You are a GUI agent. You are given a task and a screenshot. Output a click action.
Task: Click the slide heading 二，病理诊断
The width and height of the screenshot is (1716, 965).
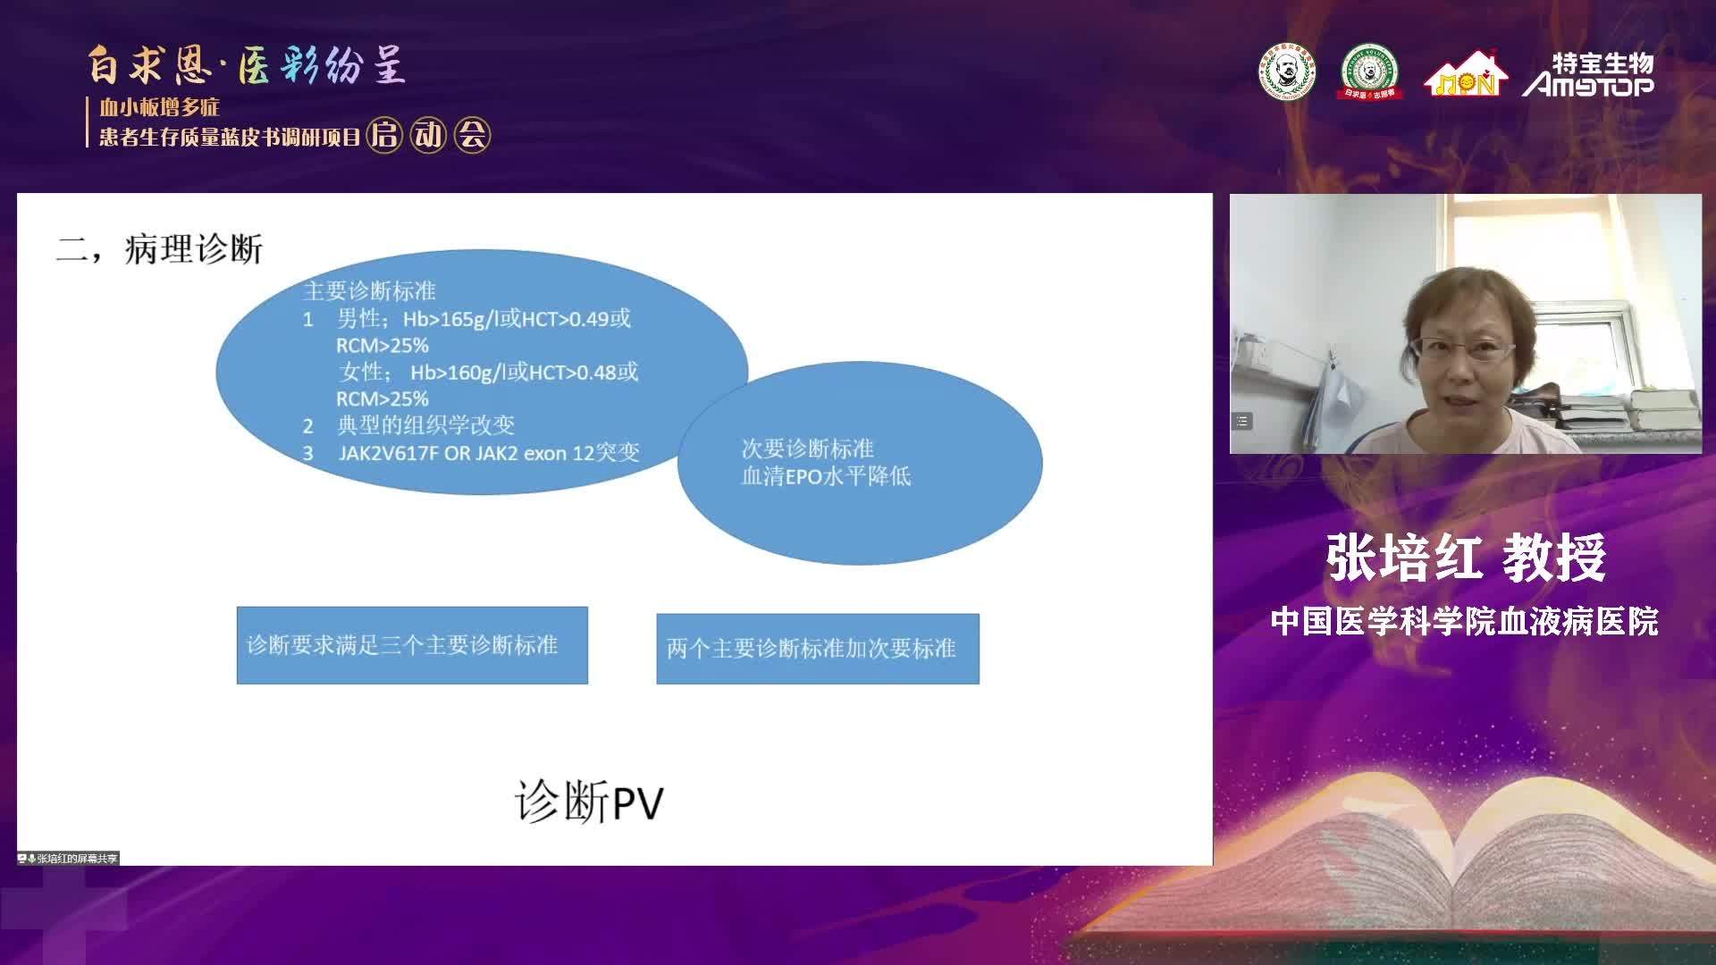(x=159, y=249)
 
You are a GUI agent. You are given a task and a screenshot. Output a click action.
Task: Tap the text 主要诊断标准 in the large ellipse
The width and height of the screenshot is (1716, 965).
(x=369, y=291)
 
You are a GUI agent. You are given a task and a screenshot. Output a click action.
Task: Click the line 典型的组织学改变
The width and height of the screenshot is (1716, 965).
(x=425, y=425)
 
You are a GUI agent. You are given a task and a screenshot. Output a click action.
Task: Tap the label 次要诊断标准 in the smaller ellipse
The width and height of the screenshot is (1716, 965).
(x=807, y=449)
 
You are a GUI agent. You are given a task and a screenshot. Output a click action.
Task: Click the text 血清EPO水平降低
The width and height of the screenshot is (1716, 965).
(x=826, y=475)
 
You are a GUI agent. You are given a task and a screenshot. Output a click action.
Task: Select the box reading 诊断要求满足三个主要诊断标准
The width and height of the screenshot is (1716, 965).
(x=412, y=645)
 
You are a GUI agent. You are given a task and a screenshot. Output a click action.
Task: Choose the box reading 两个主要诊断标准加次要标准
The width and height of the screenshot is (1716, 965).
(x=818, y=649)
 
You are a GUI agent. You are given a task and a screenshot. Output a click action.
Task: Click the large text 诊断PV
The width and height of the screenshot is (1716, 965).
(x=589, y=801)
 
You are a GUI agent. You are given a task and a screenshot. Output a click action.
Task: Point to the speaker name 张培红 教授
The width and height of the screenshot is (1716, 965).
(x=1466, y=558)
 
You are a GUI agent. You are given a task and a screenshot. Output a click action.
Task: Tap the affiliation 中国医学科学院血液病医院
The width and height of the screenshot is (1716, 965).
(x=1465, y=621)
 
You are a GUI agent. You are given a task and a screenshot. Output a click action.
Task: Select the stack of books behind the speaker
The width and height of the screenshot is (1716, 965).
(x=1661, y=409)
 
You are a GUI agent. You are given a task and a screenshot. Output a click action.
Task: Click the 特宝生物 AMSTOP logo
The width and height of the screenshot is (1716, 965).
(x=1588, y=74)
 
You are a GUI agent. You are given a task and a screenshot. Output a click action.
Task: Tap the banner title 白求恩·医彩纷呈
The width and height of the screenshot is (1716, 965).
(x=247, y=65)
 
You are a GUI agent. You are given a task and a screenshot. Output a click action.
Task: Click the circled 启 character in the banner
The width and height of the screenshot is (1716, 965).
(x=384, y=135)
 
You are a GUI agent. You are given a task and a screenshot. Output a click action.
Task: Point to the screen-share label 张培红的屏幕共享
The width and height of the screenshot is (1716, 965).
(x=70, y=859)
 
